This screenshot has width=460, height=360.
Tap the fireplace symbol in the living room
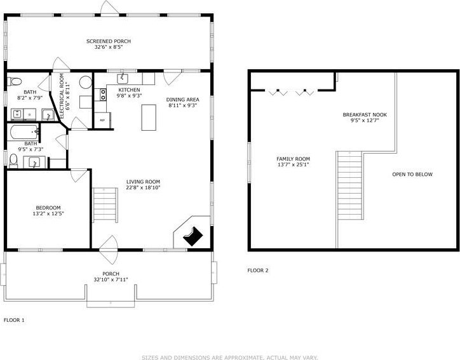193,236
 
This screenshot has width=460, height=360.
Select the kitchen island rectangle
149,117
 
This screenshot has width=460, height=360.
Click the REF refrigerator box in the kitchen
102,120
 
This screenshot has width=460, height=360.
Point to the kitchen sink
123,79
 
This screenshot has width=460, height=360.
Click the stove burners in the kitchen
103,95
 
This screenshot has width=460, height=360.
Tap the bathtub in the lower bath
24,133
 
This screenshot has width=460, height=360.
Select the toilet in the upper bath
15,81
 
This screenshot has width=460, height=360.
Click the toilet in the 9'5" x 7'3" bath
13,161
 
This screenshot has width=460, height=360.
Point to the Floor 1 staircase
105,205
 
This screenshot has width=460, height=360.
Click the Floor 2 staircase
349,185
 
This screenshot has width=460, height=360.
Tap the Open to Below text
412,175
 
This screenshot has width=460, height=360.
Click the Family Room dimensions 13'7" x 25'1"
294,164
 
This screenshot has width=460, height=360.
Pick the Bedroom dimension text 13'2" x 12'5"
48,214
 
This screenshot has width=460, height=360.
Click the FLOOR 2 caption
258,270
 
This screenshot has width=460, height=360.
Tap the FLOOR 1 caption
14,320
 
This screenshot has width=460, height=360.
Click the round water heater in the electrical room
86,83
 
